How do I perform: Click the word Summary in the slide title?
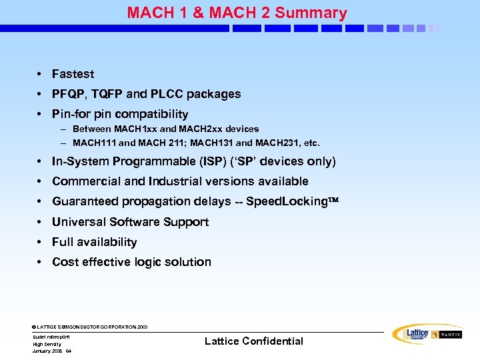(311, 13)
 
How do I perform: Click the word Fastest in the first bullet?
(73, 74)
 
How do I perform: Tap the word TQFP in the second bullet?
(105, 94)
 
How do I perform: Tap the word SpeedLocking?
(284, 201)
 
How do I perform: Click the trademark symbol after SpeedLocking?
(331, 201)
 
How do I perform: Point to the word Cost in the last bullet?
(65, 262)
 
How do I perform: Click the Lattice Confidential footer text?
(253, 341)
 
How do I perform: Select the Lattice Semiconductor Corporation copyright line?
(89, 327)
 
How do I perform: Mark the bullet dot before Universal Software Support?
(41, 222)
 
